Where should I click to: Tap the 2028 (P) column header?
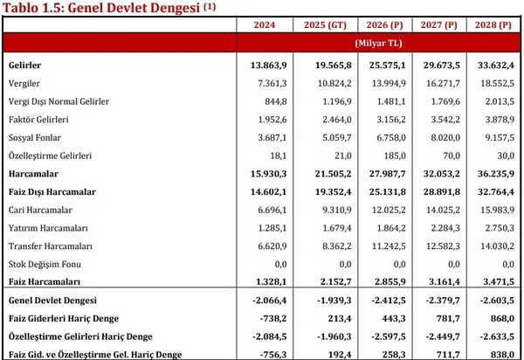click(494, 26)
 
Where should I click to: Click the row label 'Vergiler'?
click(24, 82)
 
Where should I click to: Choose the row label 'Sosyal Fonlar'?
click(34, 137)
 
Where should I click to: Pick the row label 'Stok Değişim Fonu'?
click(43, 263)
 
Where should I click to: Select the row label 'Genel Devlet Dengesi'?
click(51, 300)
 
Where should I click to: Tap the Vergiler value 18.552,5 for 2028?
click(497, 82)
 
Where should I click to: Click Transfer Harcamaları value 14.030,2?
click(497, 246)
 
